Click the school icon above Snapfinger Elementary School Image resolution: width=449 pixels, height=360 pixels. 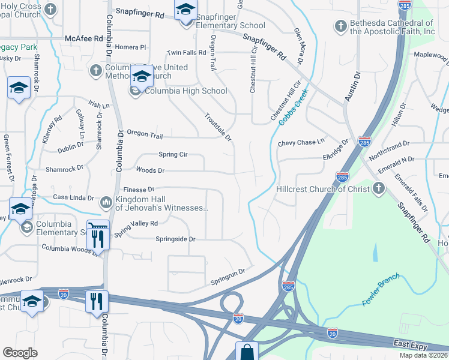point(185,10)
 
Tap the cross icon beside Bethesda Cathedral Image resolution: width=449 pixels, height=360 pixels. point(340,26)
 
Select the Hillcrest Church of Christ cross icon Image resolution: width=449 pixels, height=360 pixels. point(378,189)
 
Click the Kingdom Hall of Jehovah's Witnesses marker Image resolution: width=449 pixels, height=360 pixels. point(106,202)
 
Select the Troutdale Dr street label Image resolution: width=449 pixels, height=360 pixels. point(218,127)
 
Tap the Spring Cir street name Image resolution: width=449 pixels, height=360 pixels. point(173,155)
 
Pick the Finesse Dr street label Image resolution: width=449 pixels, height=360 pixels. point(139,188)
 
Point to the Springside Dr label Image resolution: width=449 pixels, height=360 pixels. point(176,239)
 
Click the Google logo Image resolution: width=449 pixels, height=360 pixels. point(20,352)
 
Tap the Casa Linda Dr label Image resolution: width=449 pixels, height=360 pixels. point(74,197)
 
